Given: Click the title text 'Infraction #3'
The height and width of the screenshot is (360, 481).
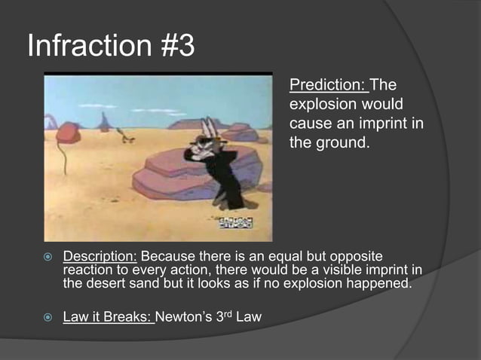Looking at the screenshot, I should (111, 46).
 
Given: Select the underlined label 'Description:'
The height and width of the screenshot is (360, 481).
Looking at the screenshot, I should (100, 256).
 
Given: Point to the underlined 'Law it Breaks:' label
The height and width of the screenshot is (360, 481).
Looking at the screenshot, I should (109, 317).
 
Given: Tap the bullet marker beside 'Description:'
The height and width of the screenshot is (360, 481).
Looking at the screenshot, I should (44, 257).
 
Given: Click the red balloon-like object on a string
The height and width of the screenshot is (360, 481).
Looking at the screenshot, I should (68, 133).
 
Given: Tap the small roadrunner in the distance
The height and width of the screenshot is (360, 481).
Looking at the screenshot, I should (124, 136).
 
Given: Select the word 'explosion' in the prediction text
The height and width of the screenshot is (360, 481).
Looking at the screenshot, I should (320, 103).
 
